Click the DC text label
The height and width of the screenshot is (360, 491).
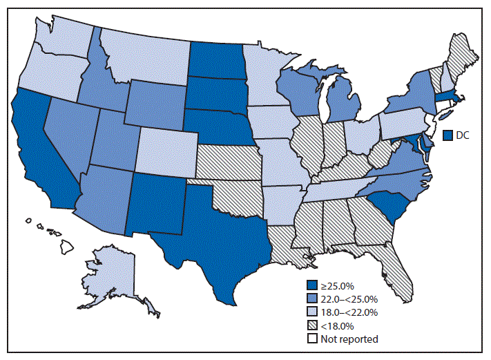(463, 135)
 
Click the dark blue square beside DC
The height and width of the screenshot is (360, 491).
(447, 135)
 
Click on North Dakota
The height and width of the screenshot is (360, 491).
(216, 59)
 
